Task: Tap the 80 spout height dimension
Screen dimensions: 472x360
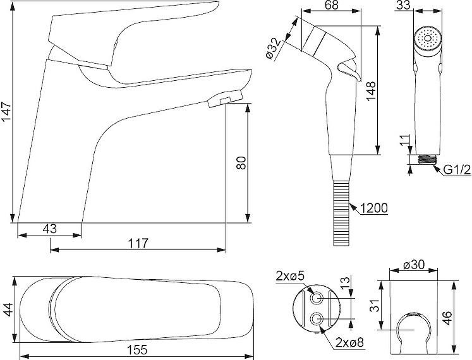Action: pyautogui.click(x=241, y=163)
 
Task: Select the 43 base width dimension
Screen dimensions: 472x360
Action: pyautogui.click(x=50, y=229)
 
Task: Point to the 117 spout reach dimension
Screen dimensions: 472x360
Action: pyautogui.click(x=138, y=243)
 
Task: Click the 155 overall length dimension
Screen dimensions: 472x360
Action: pyautogui.click(x=137, y=350)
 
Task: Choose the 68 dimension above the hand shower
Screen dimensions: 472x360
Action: pyautogui.click(x=331, y=5)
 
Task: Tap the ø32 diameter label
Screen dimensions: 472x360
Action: pyautogui.click(x=274, y=48)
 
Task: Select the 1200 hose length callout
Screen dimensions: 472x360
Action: pyautogui.click(x=373, y=208)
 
